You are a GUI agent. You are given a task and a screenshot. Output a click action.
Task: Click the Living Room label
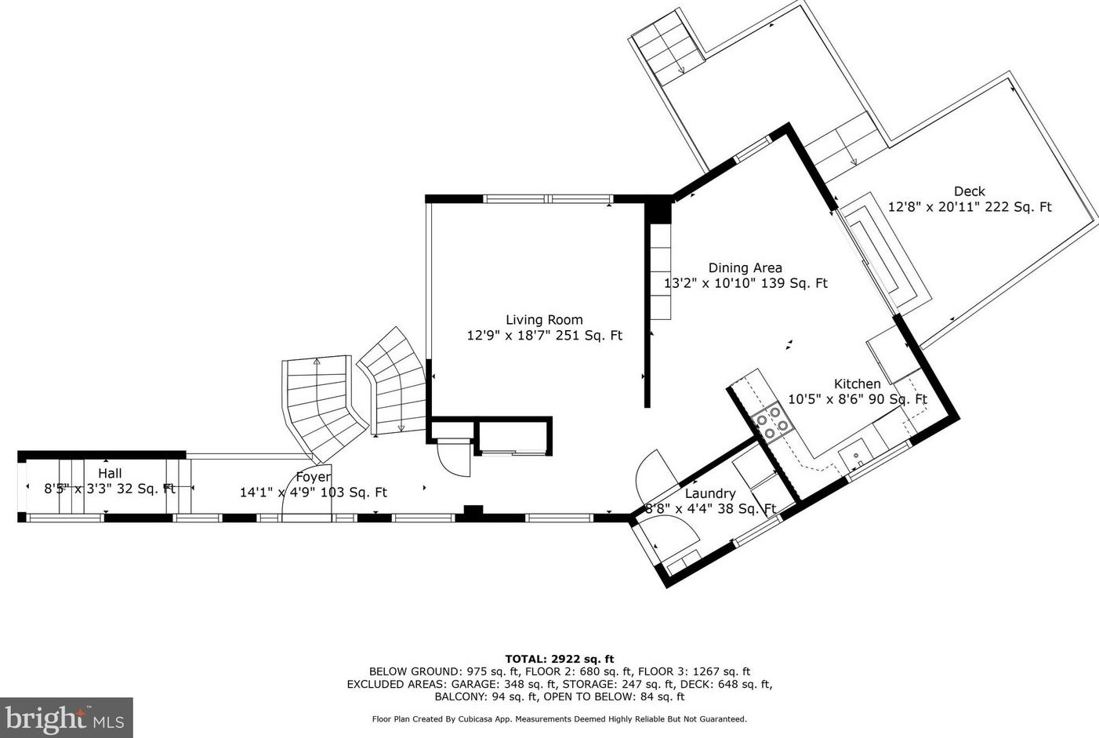click(x=544, y=320)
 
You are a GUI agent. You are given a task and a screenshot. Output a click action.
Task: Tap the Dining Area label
click(x=745, y=267)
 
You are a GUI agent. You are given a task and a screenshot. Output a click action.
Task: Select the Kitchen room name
click(x=857, y=384)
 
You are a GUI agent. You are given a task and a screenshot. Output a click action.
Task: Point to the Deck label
click(x=970, y=191)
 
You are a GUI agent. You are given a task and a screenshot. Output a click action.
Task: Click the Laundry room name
click(x=710, y=493)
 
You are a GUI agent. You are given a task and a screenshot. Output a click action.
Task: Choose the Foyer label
click(x=313, y=477)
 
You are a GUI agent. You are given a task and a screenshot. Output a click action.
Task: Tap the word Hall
click(x=110, y=474)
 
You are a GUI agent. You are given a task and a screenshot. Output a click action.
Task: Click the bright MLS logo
click(x=66, y=718)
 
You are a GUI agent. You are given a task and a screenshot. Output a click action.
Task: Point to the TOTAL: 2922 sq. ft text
click(x=560, y=659)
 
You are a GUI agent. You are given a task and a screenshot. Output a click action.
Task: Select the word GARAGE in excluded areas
click(x=471, y=684)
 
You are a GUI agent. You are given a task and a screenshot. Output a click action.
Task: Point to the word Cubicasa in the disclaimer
click(x=475, y=719)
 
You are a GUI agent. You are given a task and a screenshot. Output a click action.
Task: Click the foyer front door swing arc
click(x=289, y=486)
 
